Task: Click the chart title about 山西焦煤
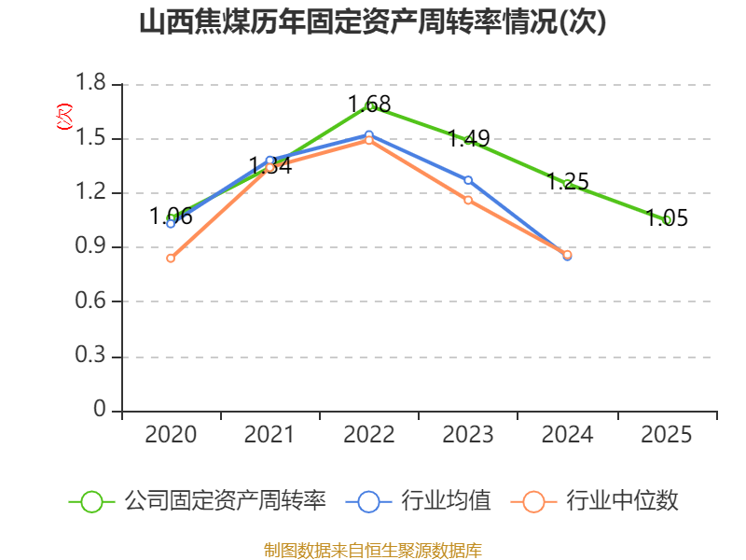pos(373,22)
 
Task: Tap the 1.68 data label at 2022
pos(369,105)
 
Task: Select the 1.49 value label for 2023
pos(469,138)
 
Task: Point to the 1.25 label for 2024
pos(568,182)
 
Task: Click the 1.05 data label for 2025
pos(667,218)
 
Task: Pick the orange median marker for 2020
pos(171,259)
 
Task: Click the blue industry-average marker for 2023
pos(468,180)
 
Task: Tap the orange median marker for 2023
pos(468,200)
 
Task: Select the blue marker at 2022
pos(369,134)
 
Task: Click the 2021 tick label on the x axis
pos(269,435)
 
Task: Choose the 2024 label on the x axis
pos(567,435)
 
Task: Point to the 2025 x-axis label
pos(666,435)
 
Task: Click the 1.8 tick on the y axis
pos(90,83)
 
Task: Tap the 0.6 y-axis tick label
pos(90,301)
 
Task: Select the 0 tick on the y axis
pos(100,409)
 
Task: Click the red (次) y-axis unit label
pos(64,117)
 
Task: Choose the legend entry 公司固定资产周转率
pos(198,501)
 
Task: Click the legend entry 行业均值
pos(418,501)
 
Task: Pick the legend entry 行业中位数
pos(594,501)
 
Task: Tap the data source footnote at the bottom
pos(373,551)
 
